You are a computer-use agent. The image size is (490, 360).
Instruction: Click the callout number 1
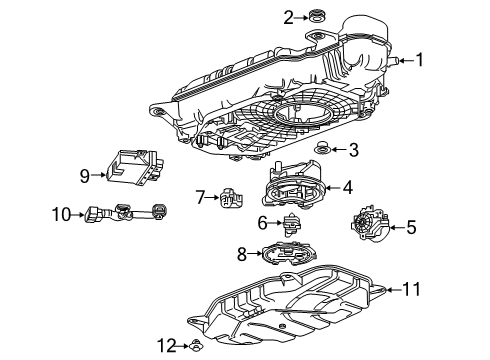[420, 60]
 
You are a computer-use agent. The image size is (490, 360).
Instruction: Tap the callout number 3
[353, 150]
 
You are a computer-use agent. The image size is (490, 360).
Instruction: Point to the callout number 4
[347, 186]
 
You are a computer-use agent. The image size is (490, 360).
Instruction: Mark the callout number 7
[200, 195]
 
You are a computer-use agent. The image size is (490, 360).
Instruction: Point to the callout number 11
[411, 290]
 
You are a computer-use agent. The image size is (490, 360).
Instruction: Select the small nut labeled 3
[323, 150]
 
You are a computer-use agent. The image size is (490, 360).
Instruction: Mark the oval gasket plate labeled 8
[290, 256]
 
